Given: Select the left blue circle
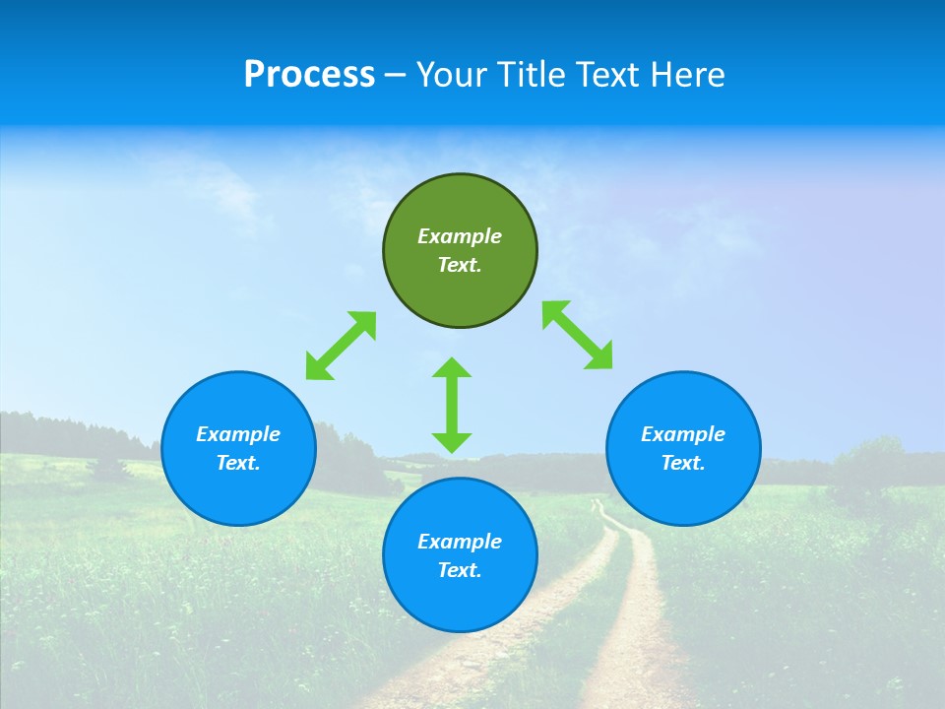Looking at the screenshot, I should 238,448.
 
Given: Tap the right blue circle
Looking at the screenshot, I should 683,448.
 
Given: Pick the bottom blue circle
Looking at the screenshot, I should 460,555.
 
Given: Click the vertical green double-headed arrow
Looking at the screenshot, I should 452,405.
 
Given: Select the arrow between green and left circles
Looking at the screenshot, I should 341,346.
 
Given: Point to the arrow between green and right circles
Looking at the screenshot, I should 578,336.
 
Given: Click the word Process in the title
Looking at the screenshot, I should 309,74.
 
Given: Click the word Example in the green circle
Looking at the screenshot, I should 460,236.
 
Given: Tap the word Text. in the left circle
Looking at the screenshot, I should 238,463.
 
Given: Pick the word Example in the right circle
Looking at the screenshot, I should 683,434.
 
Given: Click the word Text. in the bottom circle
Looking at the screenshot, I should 460,570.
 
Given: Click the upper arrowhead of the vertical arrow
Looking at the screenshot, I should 452,369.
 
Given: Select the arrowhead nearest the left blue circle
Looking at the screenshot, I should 318,367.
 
